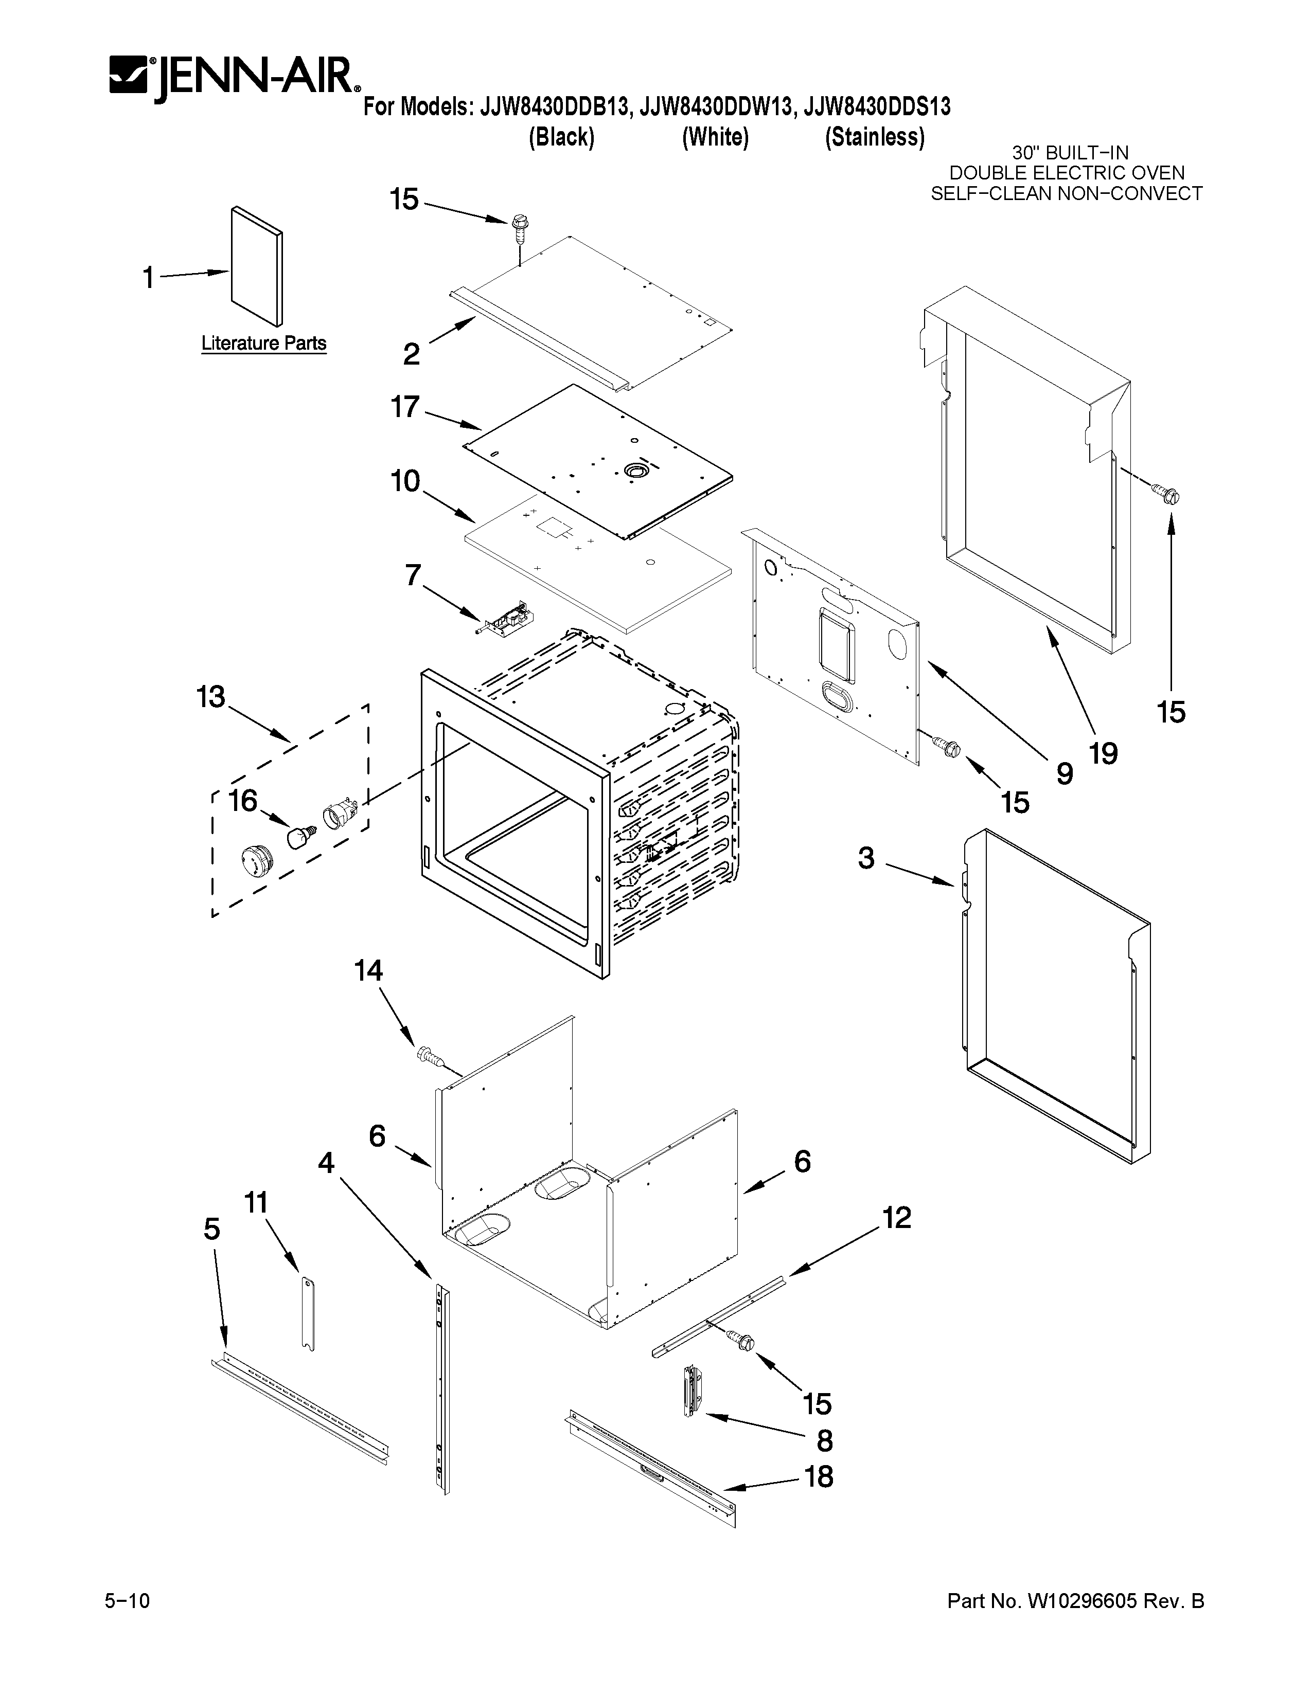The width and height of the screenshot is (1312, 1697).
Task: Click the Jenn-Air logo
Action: click(233, 78)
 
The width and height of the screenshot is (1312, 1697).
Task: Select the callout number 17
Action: click(405, 406)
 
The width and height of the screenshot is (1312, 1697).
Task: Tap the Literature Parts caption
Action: click(263, 342)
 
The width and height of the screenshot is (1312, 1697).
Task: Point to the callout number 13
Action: click(210, 697)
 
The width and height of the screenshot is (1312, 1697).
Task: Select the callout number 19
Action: click(1103, 753)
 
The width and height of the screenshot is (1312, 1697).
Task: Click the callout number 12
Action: click(896, 1218)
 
